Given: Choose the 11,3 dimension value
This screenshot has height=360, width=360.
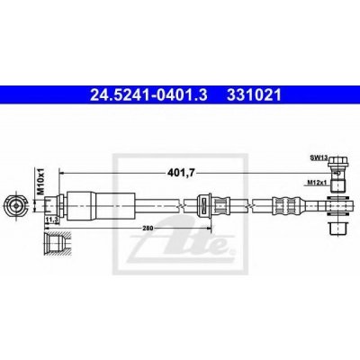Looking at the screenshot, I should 51,217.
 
